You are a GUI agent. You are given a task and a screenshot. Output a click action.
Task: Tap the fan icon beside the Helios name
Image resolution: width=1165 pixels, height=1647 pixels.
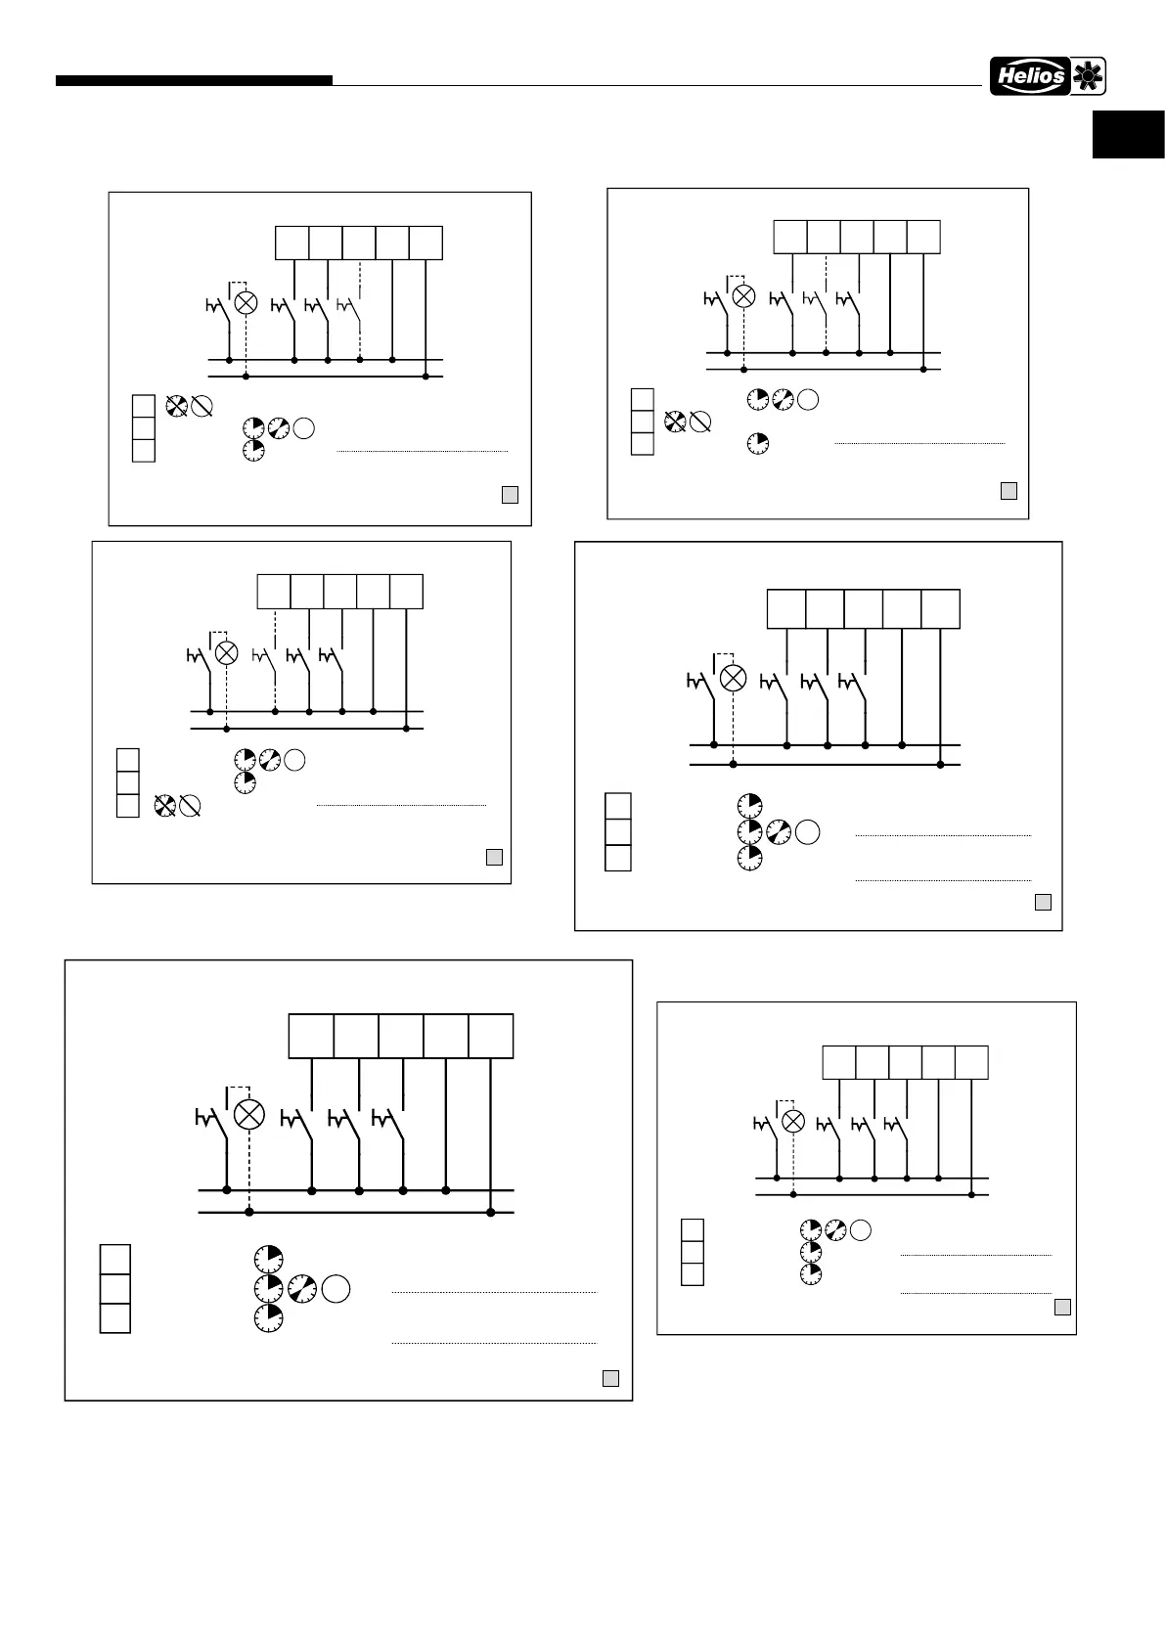(1088, 76)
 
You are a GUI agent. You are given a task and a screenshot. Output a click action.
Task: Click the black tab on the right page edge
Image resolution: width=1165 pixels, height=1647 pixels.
(1129, 134)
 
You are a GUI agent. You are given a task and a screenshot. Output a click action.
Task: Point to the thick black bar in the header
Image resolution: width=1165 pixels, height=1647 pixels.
(194, 81)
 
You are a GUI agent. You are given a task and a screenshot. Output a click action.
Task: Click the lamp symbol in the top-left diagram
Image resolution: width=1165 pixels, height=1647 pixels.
(246, 302)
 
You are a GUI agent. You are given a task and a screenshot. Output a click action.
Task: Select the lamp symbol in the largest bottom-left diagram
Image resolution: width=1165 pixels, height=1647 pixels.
(250, 1114)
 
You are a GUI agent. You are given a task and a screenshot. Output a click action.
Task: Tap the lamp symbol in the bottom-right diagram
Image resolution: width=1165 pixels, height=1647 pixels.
(793, 1121)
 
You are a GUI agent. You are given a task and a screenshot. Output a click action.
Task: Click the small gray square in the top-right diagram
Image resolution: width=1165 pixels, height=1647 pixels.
(1008, 490)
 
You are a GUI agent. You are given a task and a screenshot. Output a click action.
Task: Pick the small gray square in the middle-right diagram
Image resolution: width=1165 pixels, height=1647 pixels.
(1043, 902)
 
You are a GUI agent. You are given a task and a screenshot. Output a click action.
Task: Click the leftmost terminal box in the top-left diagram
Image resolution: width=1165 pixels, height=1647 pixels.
(291, 243)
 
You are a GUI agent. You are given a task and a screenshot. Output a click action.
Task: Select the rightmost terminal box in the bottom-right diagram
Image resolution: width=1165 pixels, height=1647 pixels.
(971, 1062)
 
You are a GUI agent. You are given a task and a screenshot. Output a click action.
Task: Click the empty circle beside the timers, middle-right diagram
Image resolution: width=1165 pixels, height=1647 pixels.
(807, 832)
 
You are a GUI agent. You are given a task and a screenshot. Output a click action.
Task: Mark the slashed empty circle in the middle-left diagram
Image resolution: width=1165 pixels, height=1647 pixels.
(190, 807)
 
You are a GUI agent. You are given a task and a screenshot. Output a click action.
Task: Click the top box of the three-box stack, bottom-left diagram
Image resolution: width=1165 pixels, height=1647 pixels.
(115, 1259)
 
